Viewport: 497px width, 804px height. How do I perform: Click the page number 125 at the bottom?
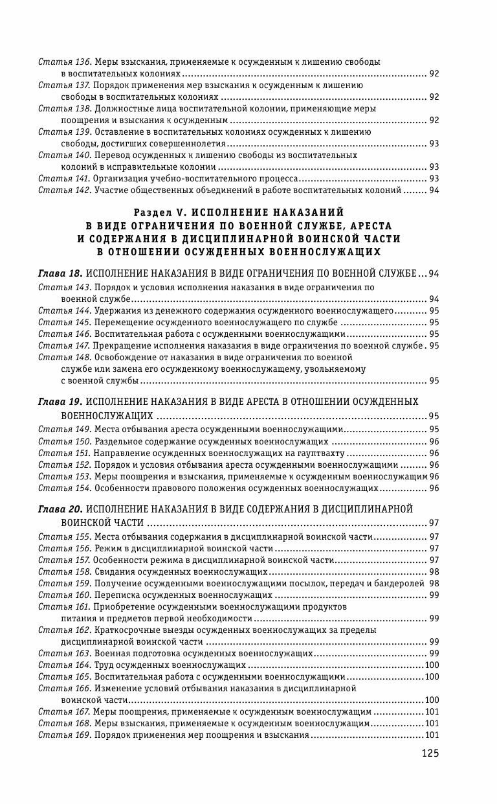pyautogui.click(x=430, y=753)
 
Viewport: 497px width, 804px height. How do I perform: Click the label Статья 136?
pyautogui.click(x=64, y=62)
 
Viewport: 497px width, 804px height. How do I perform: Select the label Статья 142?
pyautogui.click(x=64, y=190)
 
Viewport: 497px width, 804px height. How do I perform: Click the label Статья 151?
pyautogui.click(x=63, y=454)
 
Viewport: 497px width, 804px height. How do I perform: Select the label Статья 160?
pyautogui.click(x=64, y=595)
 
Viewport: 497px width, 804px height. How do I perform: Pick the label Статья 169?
pyautogui.click(x=64, y=735)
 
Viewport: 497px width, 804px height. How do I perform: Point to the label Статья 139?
pyautogui.click(x=64, y=132)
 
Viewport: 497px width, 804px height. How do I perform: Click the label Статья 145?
pyautogui.click(x=64, y=322)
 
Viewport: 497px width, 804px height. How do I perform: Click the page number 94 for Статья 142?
pyautogui.click(x=434, y=190)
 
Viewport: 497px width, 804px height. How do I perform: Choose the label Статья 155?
pyautogui.click(x=64, y=536)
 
